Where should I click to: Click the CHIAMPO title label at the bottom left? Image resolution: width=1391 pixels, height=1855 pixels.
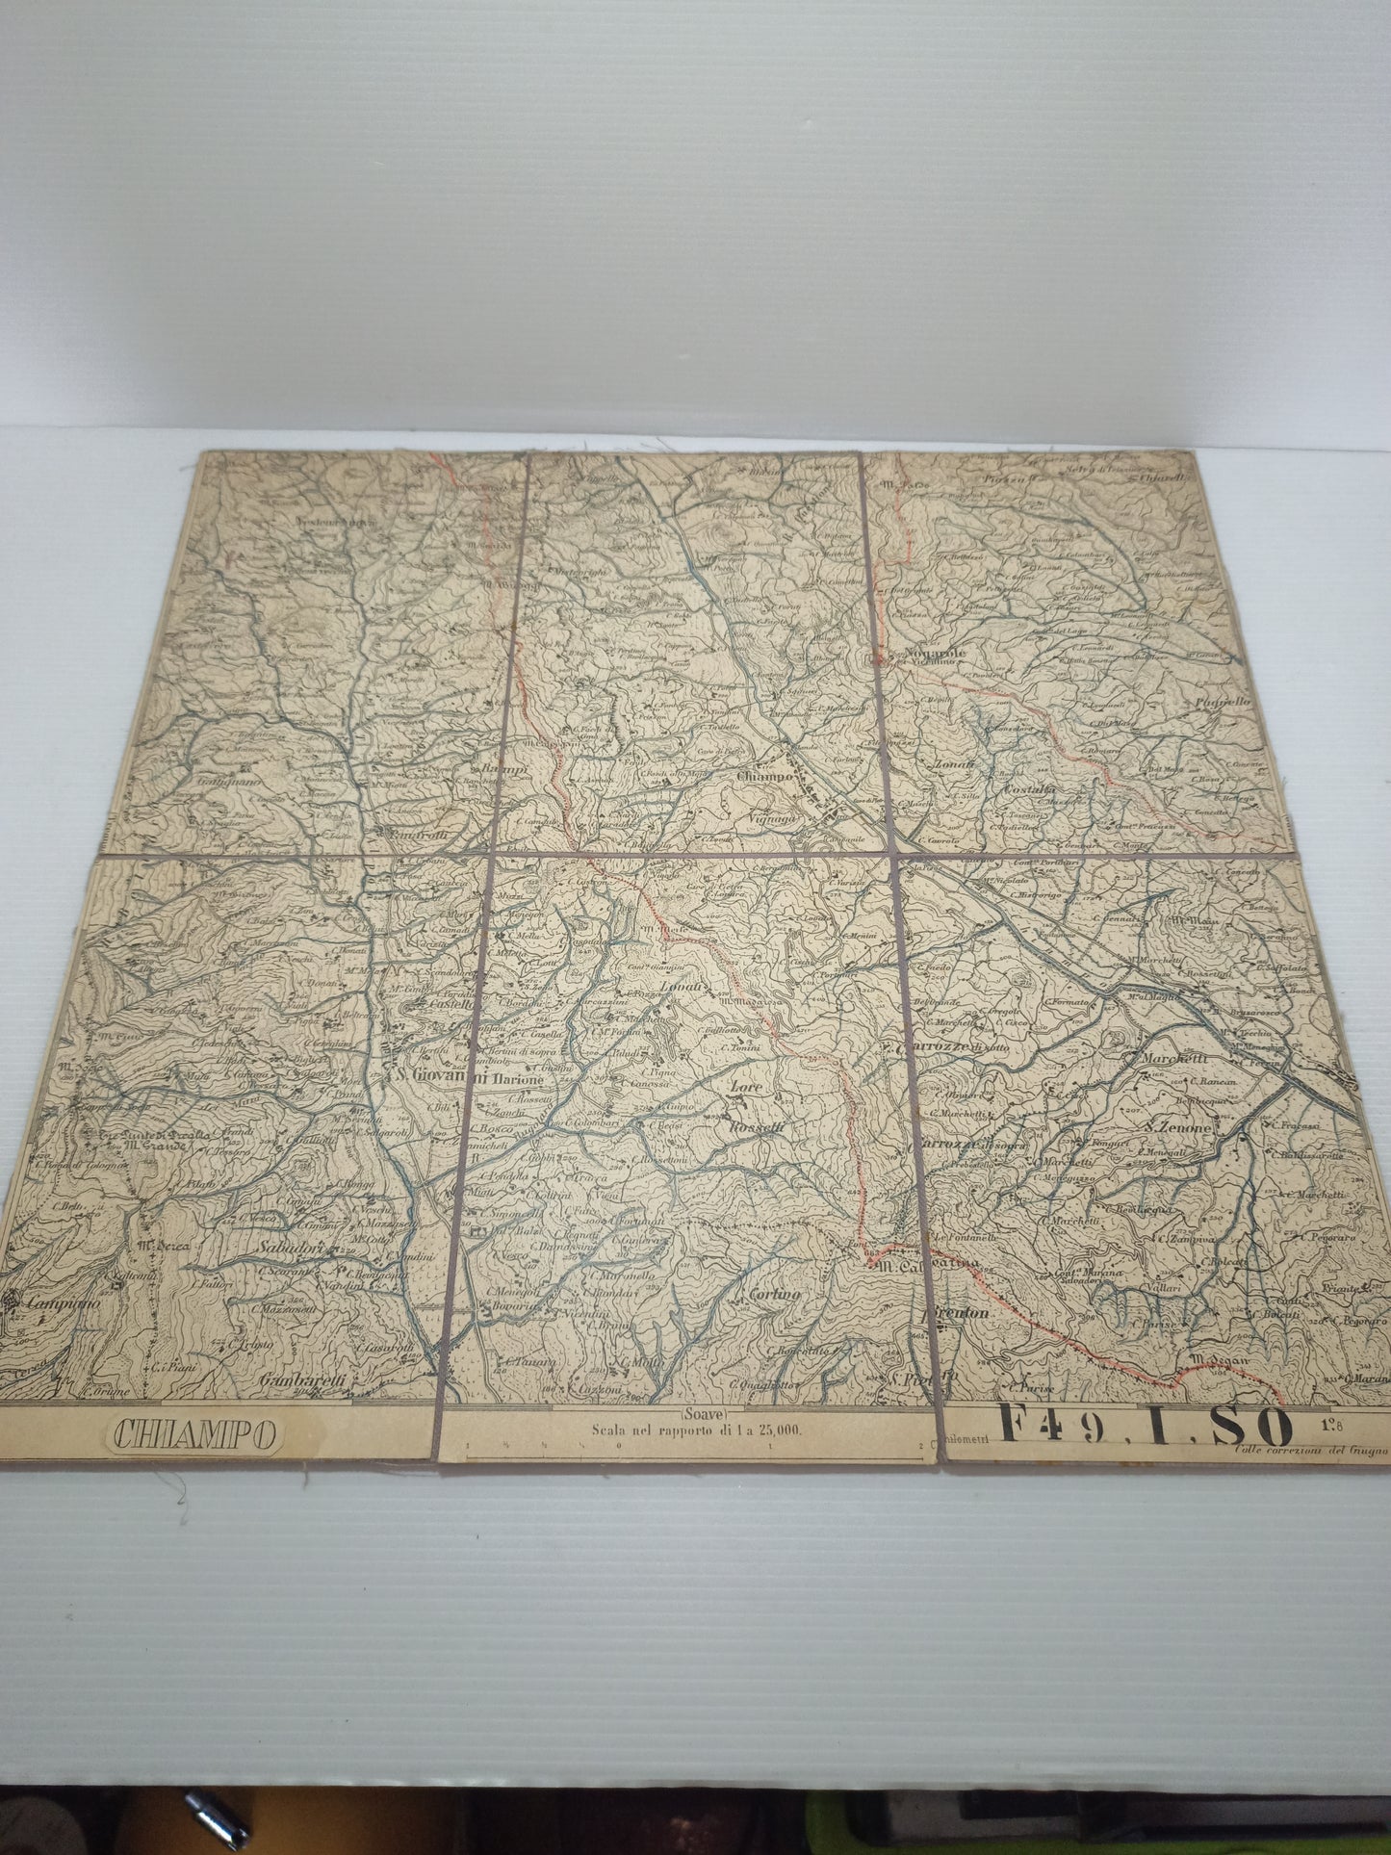click(x=194, y=1433)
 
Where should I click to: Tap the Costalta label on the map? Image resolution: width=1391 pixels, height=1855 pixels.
click(x=1027, y=788)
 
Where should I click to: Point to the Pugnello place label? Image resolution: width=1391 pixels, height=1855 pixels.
click(x=1223, y=702)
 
